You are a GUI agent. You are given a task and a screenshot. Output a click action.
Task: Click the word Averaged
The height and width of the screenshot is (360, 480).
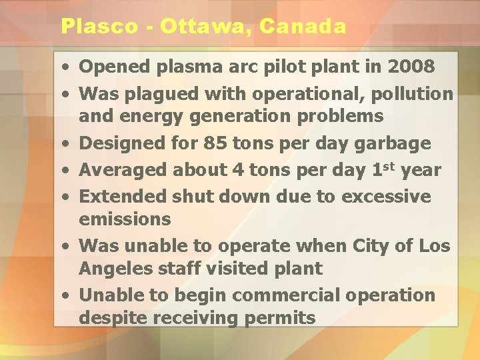pos(123,170)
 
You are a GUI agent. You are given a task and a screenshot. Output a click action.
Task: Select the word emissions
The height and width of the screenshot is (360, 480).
pos(125,219)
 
